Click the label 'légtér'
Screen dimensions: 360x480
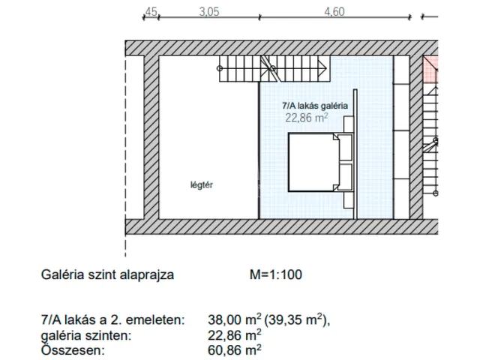(202, 184)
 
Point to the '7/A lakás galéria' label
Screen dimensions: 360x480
(313, 106)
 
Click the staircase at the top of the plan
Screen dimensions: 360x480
(274, 70)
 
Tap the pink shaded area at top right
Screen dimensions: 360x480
(430, 67)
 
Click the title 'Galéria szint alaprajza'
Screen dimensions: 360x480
(108, 274)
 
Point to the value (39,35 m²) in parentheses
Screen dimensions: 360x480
(300, 320)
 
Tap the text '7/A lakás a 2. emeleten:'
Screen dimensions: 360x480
(112, 320)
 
